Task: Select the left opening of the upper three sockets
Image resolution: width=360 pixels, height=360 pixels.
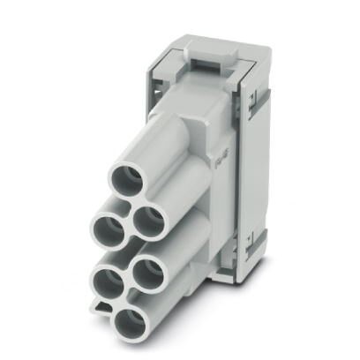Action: (109, 232)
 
